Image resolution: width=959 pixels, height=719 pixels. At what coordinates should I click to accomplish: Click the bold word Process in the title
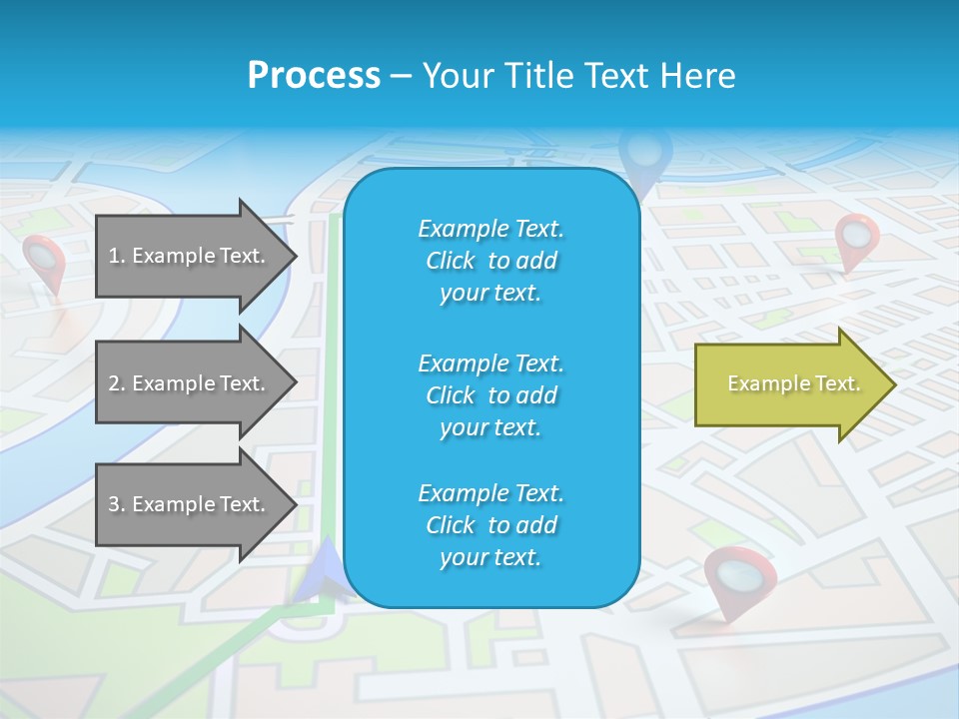(x=314, y=75)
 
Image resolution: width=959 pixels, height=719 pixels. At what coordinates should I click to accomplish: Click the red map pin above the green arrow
(x=856, y=238)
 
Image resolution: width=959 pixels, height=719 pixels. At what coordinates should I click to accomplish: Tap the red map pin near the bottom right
(x=740, y=577)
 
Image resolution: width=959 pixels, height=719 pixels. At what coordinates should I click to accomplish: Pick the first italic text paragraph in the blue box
(x=490, y=261)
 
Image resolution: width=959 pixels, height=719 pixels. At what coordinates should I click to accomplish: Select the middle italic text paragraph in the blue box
(x=490, y=394)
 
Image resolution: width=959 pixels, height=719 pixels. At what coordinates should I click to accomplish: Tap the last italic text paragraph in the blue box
(x=490, y=525)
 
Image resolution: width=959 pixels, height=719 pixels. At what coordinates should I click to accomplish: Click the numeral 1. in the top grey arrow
(x=116, y=256)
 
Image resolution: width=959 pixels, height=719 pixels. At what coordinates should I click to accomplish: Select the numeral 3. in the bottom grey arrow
(x=116, y=504)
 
